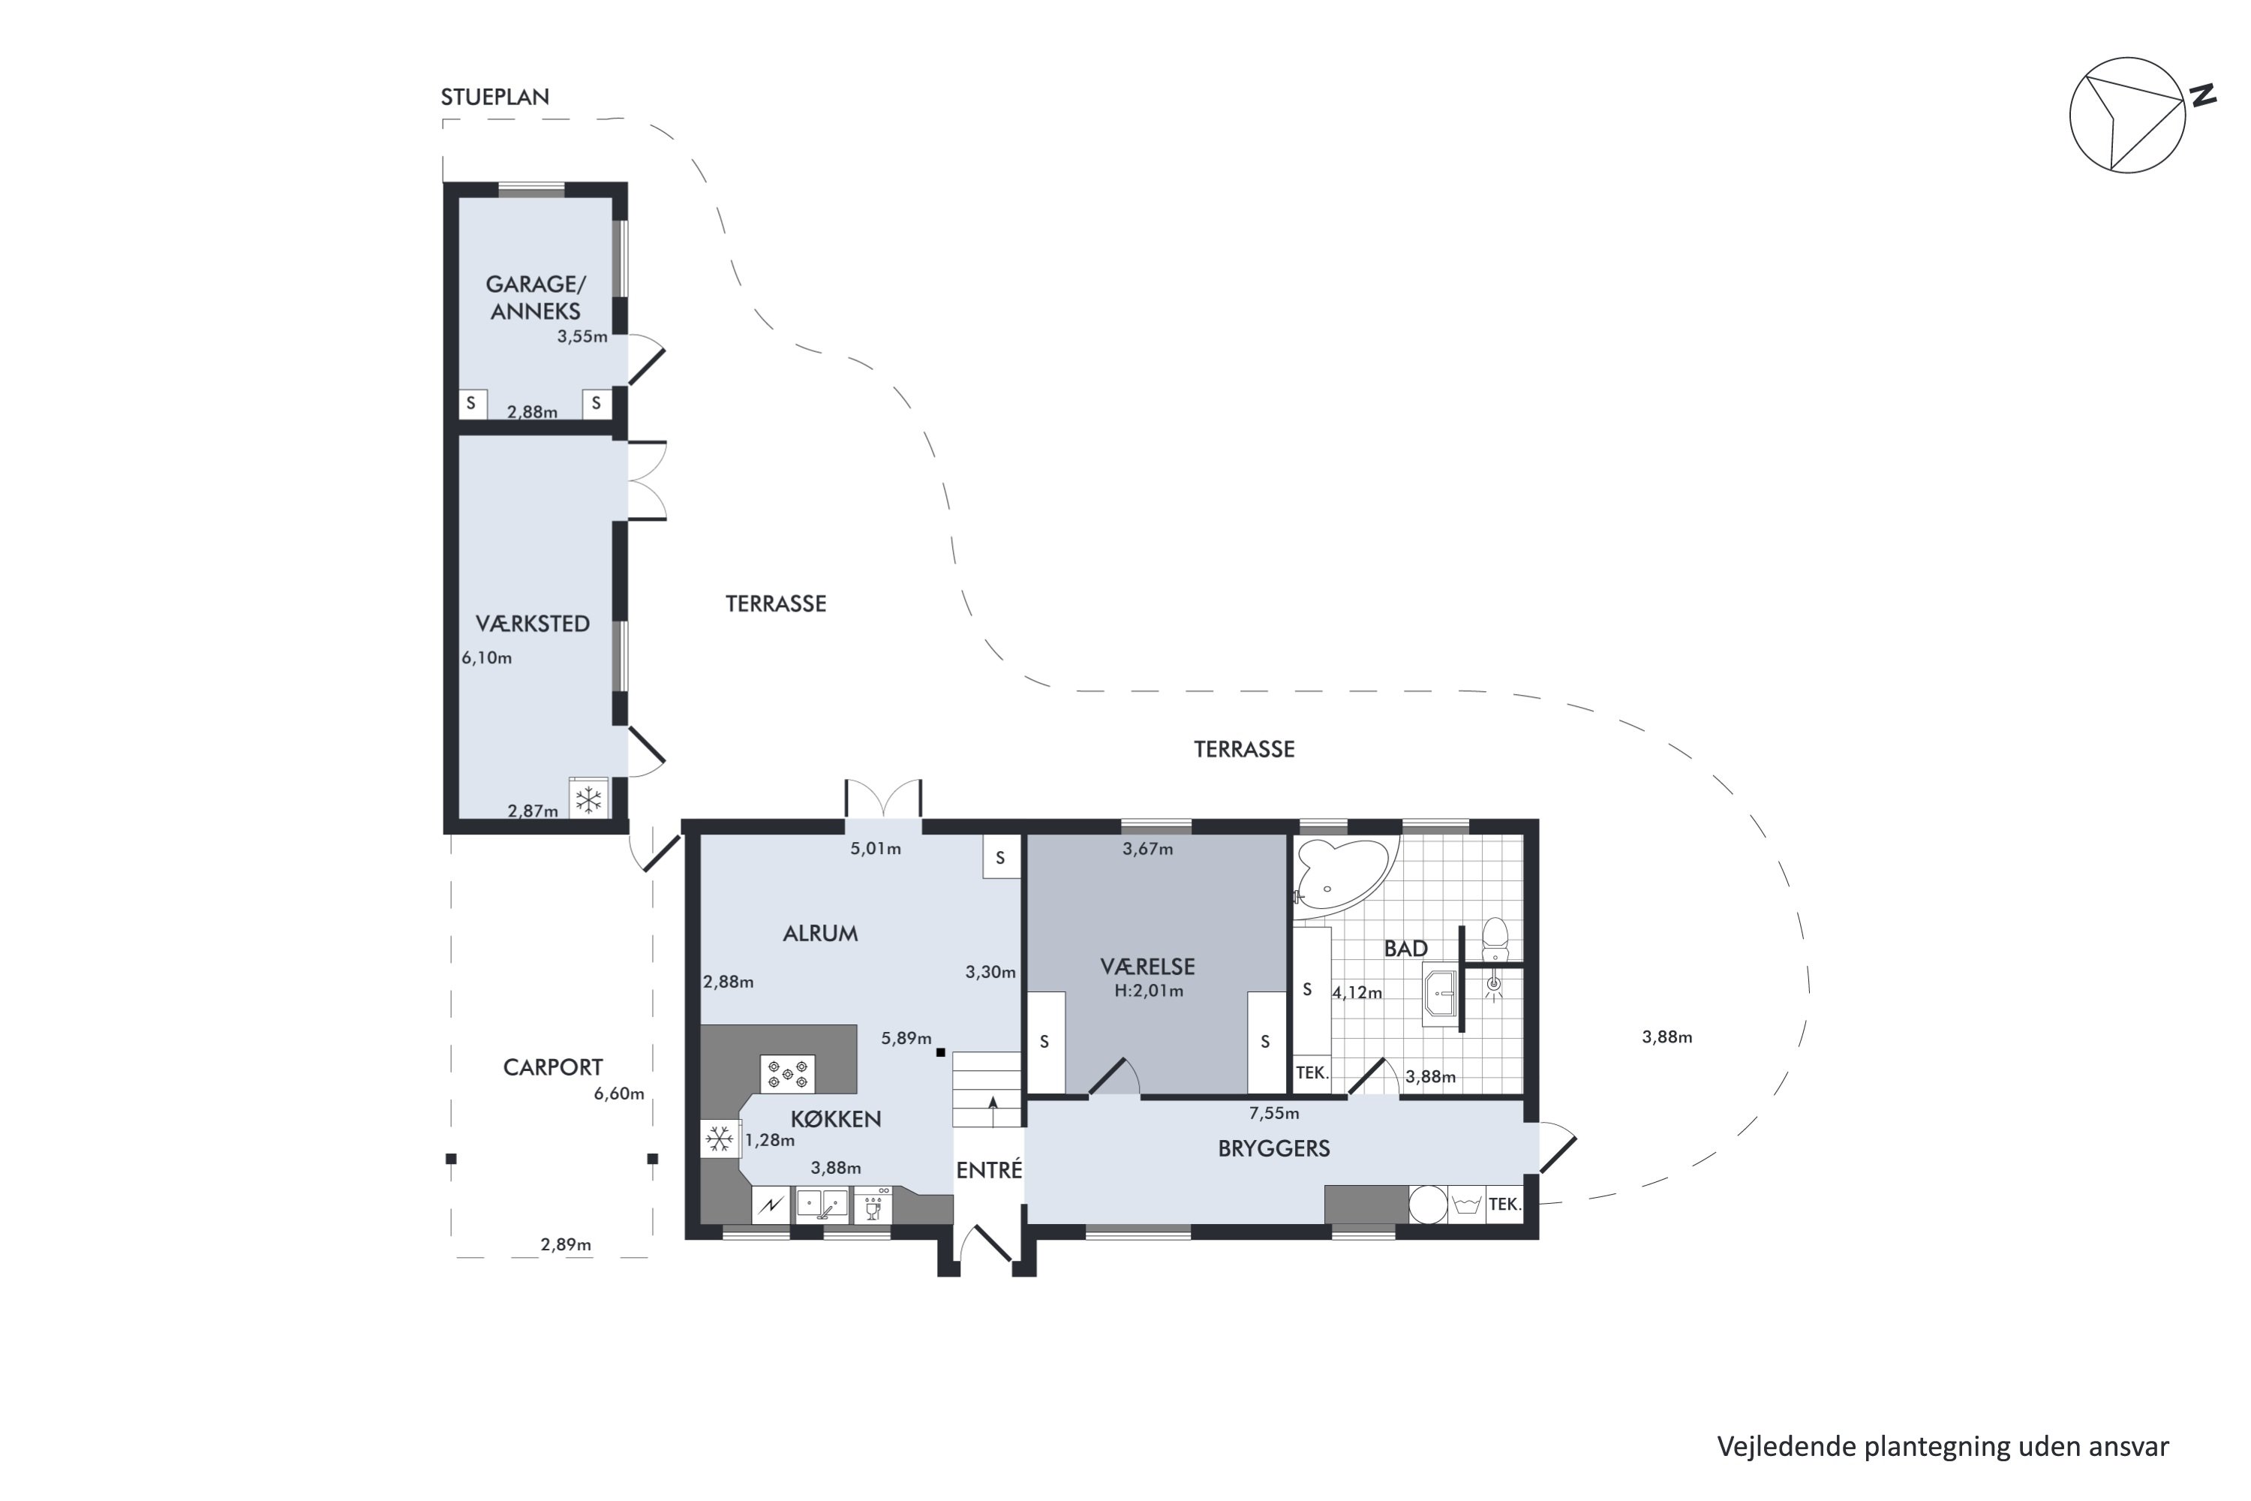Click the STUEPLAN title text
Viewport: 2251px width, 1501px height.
tap(494, 98)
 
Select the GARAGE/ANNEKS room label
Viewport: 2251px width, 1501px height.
tap(535, 298)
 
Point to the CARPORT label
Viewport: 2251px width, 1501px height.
tap(552, 1067)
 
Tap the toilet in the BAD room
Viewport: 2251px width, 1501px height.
tap(1494, 939)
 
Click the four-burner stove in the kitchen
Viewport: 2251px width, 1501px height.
tap(786, 1073)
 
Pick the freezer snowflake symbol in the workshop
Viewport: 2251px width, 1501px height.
tap(588, 799)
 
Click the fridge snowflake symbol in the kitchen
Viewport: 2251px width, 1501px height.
tap(719, 1139)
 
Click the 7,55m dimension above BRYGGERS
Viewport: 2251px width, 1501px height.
tap(1274, 1113)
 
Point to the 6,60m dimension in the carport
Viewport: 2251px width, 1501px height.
tap(618, 1094)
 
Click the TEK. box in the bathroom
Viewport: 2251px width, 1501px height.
tap(1311, 1073)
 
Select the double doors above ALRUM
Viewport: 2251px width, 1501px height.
tap(882, 800)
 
